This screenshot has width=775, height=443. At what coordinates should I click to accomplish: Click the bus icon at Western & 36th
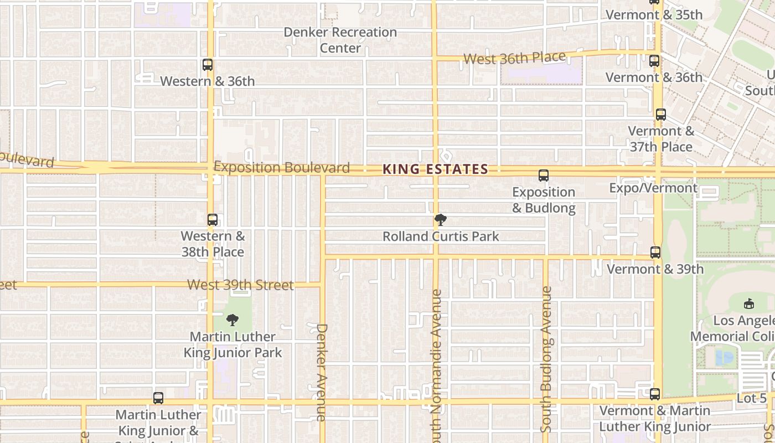pos(208,65)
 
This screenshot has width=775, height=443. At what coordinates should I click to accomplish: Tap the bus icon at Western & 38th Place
pos(213,220)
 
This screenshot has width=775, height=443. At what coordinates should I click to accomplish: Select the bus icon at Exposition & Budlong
pos(544,176)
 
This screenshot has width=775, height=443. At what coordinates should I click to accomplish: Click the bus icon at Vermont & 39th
pos(655,253)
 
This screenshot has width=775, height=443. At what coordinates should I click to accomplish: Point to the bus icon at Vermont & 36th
pos(654,61)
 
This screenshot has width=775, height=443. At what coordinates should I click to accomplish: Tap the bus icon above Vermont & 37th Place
pos(660,115)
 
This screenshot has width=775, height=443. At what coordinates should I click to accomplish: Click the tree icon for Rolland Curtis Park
pos(441,220)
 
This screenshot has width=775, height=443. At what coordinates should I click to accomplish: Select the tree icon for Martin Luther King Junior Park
pos(232,320)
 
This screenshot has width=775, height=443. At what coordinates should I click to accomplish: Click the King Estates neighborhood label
pos(435,169)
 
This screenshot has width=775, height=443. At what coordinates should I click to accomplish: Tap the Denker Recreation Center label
pos(340,40)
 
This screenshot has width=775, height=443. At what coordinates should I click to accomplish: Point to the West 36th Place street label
pos(514,58)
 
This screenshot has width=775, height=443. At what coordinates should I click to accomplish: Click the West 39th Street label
pos(240,285)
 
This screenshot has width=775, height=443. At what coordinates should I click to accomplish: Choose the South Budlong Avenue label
pos(546,359)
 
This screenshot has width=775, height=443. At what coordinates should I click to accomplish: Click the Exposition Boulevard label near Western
pos(282,167)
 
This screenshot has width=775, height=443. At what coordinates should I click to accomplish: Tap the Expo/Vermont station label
pos(653,188)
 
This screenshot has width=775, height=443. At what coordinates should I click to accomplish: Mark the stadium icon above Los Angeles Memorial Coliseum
pos(748,303)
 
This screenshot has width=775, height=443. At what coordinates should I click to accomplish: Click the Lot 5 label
pos(752,398)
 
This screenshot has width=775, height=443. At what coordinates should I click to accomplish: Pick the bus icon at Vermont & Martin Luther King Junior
pos(655,394)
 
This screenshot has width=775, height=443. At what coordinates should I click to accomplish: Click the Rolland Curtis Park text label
pos(441,236)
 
